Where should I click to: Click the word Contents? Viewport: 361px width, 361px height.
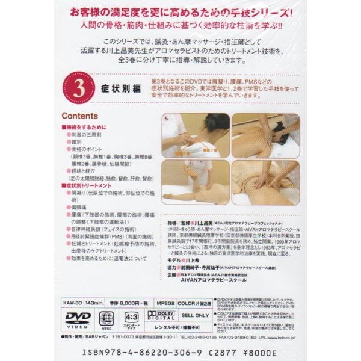(80, 116)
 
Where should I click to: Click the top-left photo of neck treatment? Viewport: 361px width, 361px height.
(195, 135)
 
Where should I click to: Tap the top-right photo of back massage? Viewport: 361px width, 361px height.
(265, 135)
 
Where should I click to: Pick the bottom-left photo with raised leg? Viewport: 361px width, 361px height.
(195, 182)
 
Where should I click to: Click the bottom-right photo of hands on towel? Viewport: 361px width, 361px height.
(265, 182)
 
